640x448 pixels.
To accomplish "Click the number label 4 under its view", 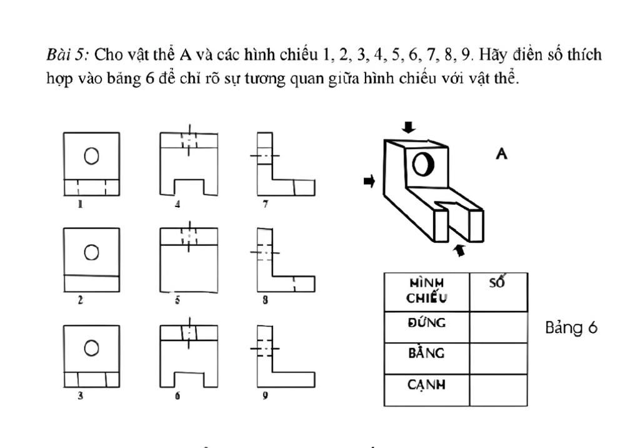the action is (177, 204).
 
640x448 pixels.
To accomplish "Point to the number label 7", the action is (266, 204).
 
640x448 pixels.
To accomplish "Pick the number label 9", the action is (266, 395).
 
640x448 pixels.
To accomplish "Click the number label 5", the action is (177, 300).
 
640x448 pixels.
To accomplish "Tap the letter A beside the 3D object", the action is (502, 154).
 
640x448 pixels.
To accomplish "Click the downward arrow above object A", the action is (409, 127).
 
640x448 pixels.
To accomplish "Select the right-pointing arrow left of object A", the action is (369, 181).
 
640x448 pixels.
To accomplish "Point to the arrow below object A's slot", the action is (460, 250).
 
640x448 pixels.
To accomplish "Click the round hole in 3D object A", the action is (423, 165).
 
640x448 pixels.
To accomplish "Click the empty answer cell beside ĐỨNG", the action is (498, 327).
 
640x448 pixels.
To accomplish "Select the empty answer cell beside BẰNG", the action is (498, 359).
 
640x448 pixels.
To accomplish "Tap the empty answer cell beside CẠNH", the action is (498, 390).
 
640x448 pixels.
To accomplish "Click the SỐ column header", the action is (497, 282).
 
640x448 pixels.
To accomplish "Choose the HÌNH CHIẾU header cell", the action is (427, 292).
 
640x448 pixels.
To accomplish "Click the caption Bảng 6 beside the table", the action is (571, 328).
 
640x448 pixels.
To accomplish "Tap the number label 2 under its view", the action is (81, 300).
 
